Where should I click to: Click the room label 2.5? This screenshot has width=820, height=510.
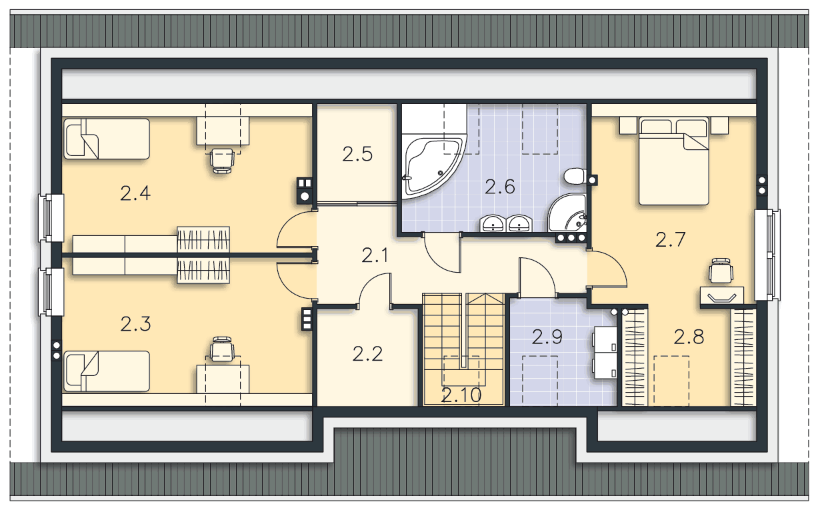point(357,154)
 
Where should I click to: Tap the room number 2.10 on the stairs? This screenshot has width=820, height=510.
point(461,395)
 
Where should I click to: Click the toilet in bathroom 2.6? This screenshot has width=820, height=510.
point(575,176)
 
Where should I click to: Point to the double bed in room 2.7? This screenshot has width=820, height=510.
point(673,161)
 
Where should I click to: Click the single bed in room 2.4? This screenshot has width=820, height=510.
point(107,139)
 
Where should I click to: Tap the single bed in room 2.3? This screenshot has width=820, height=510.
point(107,371)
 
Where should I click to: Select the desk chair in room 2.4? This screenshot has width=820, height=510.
point(222,161)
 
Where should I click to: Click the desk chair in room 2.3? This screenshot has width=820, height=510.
point(222,349)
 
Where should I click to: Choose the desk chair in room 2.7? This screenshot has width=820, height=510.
point(721,271)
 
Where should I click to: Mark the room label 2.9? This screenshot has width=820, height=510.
point(547,337)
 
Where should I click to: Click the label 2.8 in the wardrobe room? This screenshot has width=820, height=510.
point(689,337)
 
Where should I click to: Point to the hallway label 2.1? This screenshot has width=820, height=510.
point(375,255)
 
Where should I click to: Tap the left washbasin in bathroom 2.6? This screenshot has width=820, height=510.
point(493,223)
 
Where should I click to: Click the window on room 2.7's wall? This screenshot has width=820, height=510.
point(767,255)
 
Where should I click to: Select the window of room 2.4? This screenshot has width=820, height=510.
point(51,218)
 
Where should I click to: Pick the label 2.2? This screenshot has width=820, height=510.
point(367,354)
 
